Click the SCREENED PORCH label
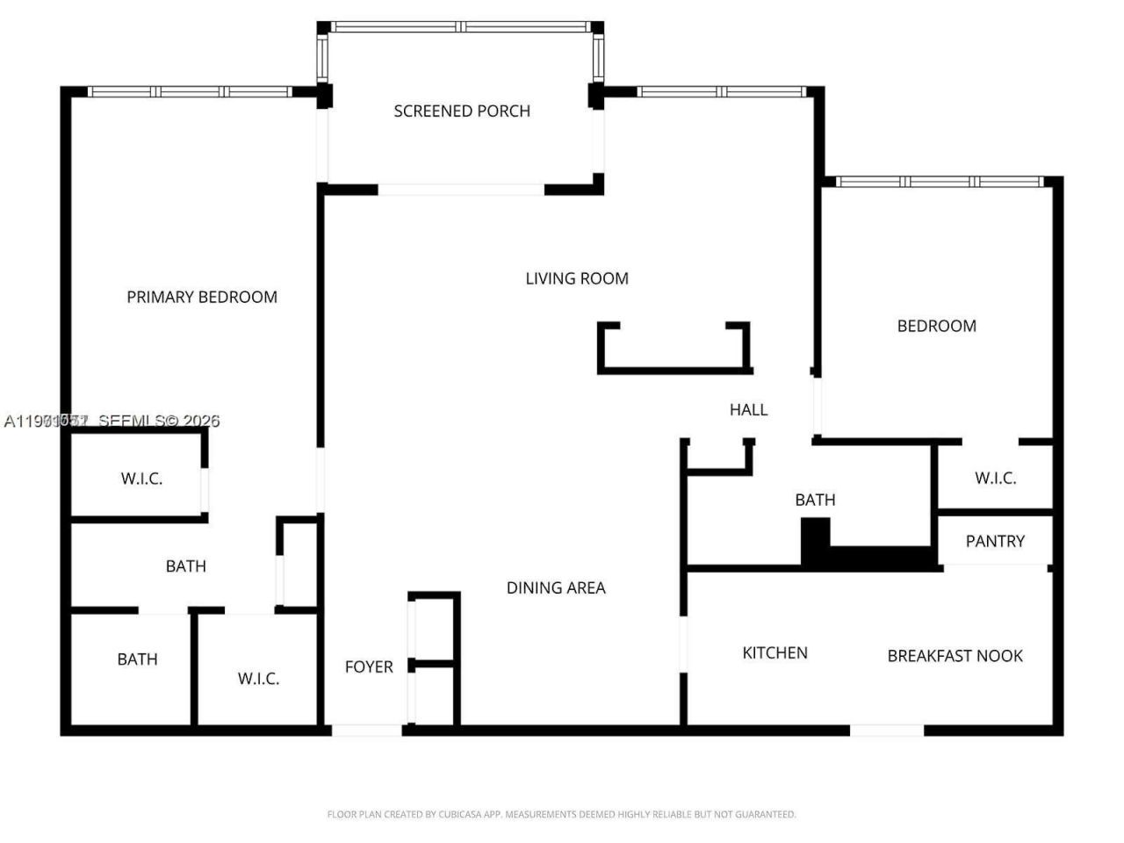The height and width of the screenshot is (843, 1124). click(x=462, y=112)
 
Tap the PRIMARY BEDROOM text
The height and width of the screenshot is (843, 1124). click(x=202, y=298)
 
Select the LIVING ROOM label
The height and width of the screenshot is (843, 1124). click(x=577, y=279)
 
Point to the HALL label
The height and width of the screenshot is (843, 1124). click(x=748, y=410)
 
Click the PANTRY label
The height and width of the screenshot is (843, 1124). click(x=995, y=542)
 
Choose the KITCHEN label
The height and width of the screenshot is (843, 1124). click(x=775, y=653)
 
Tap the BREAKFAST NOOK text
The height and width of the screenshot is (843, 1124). click(x=955, y=656)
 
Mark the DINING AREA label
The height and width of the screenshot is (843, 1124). click(x=556, y=588)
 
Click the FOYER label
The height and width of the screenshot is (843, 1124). click(x=369, y=667)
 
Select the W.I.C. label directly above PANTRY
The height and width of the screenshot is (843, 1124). click(x=995, y=479)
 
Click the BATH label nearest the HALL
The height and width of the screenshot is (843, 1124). click(x=815, y=501)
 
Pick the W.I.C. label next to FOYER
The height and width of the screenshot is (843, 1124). click(x=258, y=679)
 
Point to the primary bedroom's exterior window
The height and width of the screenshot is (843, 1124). click(x=190, y=91)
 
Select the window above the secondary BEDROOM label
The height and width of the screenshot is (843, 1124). click(x=939, y=182)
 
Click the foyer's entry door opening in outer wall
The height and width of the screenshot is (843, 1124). click(x=366, y=730)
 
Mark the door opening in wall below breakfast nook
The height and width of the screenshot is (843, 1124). click(x=886, y=730)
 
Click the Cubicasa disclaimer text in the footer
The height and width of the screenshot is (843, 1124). click(x=561, y=815)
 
